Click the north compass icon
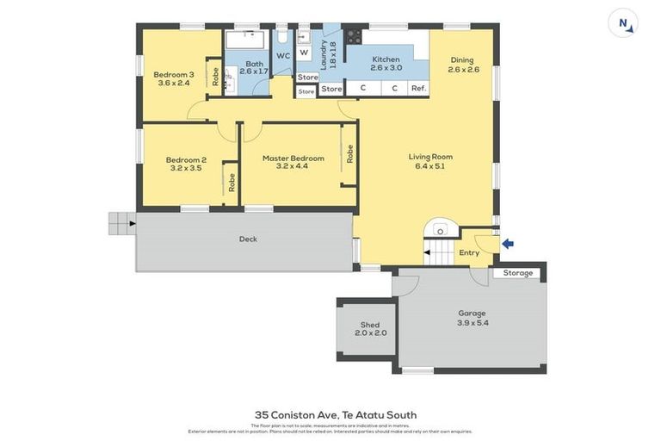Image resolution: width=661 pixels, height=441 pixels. click(x=622, y=23)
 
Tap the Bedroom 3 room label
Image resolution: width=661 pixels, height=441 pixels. click(x=173, y=78)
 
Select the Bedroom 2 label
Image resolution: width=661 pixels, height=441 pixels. click(x=186, y=164)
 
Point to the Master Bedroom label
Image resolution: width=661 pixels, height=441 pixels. click(x=293, y=163)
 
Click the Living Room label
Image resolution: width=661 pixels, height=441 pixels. click(x=430, y=161)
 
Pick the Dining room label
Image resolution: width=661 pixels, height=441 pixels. click(x=462, y=65)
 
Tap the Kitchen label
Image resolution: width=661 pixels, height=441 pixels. click(x=386, y=63)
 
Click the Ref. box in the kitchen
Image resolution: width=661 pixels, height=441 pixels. click(x=418, y=89)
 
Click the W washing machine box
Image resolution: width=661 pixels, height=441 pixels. click(x=304, y=53)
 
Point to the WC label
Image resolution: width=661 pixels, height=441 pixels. click(x=283, y=56)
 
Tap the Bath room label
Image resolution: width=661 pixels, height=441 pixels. click(x=254, y=67)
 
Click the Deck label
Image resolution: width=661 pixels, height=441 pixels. click(x=248, y=239)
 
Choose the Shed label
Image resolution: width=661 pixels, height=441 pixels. click(x=370, y=328)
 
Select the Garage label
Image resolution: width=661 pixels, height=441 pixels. click(x=472, y=318)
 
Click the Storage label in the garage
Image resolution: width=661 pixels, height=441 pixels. click(x=518, y=273)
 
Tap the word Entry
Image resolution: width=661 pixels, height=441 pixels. click(x=469, y=252)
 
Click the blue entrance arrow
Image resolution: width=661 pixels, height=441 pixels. click(x=508, y=244)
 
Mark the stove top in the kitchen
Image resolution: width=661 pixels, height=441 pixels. click(x=353, y=37)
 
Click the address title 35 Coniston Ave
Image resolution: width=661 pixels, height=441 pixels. click(x=336, y=414)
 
